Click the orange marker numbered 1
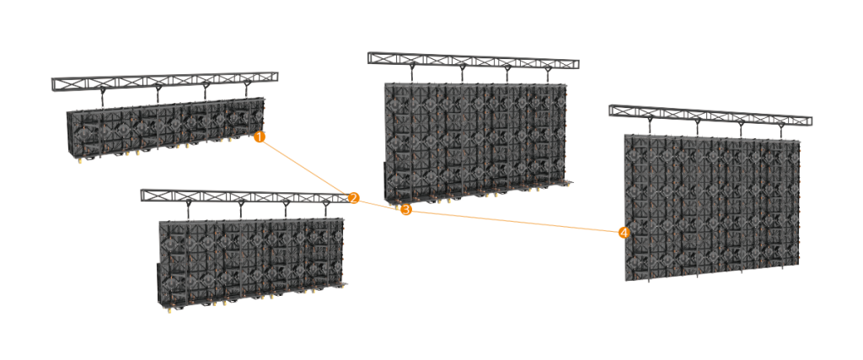pos(260,137)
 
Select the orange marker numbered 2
pos(353,198)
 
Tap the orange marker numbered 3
pos(405,209)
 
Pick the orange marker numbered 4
pos(623,233)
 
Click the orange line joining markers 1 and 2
pos(306,167)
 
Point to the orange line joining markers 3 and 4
pos(514,221)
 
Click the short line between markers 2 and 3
pos(379,204)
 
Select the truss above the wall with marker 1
pos(164,81)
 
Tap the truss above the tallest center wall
pos(474,60)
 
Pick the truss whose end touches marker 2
pos(246,196)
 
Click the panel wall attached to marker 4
pos(711,207)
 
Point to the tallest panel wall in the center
pos(475,141)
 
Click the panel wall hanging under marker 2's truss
pos(251,262)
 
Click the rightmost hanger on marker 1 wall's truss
pos(247,89)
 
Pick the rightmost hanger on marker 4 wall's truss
pos(781,131)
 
